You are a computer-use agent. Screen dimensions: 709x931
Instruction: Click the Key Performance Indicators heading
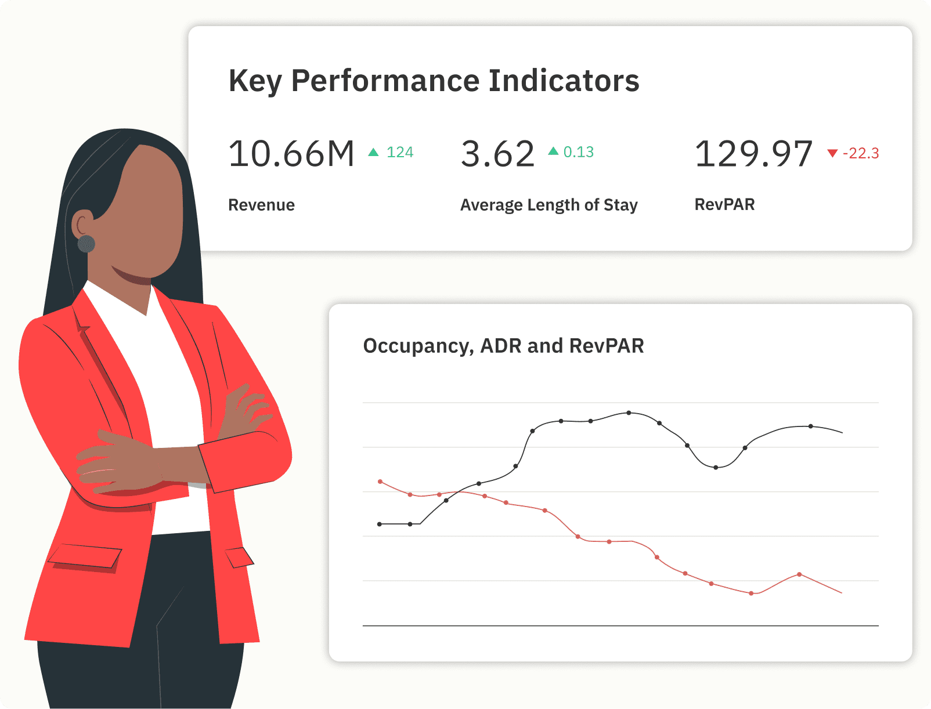(434, 81)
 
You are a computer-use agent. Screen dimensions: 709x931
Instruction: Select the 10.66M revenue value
(291, 154)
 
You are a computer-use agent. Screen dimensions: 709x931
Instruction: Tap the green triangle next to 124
(374, 152)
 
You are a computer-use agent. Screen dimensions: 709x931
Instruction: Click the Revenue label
(261, 205)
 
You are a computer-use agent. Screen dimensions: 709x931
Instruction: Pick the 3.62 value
(497, 154)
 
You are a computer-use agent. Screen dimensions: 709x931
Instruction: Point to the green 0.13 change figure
(578, 152)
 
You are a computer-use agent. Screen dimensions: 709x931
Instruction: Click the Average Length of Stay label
(549, 205)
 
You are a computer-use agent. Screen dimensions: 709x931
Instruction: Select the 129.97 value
(753, 154)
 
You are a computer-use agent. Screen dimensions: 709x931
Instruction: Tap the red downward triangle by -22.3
(832, 153)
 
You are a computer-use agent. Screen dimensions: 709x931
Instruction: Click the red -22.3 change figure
(861, 153)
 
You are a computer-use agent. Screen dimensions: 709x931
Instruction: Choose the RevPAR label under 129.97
(724, 204)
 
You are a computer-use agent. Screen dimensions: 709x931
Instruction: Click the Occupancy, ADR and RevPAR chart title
(503, 346)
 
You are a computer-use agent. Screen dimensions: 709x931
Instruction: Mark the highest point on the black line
(629, 413)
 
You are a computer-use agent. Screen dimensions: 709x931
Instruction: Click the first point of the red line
(380, 482)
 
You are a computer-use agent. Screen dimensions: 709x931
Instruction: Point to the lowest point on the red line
(751, 593)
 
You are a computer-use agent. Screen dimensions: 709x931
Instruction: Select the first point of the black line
(380, 524)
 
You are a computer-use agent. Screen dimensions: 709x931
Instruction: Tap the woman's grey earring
(86, 244)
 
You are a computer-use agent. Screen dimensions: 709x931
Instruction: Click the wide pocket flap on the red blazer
(85, 556)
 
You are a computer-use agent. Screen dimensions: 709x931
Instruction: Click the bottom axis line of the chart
(620, 625)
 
